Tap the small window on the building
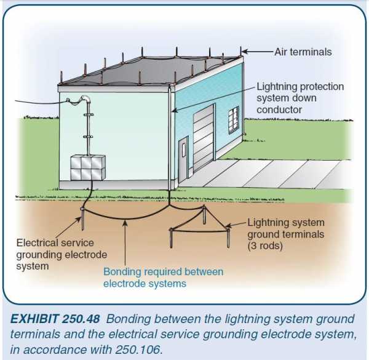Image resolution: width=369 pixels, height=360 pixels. click(x=233, y=118)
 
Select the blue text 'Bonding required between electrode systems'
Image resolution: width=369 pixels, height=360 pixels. click(x=163, y=277)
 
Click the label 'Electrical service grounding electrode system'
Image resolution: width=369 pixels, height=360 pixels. click(x=61, y=254)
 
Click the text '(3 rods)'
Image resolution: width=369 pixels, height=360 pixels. click(x=266, y=245)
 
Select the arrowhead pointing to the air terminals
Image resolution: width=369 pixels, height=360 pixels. click(x=245, y=52)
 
